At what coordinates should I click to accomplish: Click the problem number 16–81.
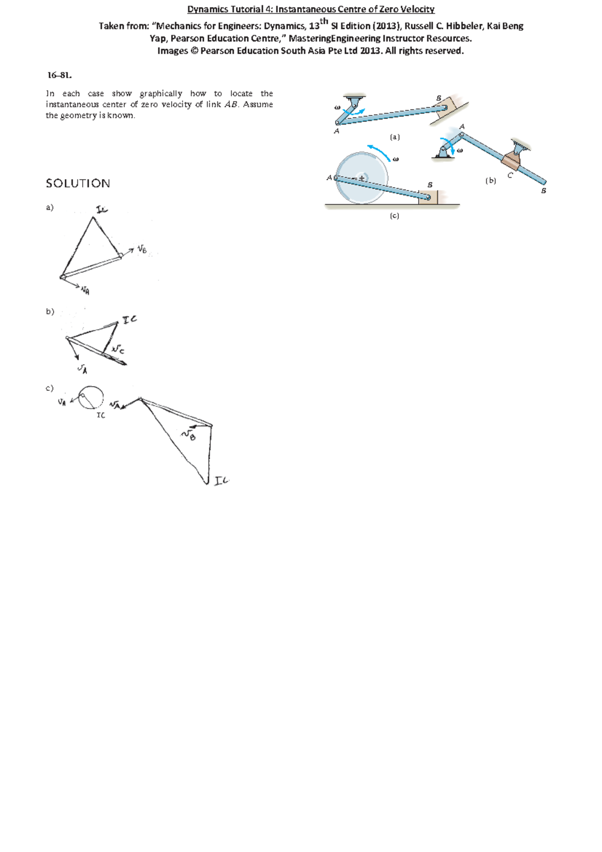60,75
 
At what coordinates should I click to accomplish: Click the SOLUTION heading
78,184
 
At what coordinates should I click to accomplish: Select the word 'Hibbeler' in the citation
464,26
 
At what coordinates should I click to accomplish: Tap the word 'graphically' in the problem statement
161,94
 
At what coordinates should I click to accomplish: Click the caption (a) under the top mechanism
395,137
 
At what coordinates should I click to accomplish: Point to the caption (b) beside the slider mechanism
491,181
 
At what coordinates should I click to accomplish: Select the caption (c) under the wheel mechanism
394,216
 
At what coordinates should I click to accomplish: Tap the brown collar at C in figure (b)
512,161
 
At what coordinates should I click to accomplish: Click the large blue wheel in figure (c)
361,178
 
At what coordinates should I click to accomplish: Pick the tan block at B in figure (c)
429,197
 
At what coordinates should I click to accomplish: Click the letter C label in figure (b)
510,176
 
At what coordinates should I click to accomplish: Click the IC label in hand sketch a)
102,210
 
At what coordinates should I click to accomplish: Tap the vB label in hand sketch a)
142,249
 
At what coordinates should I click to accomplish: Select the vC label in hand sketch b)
118,349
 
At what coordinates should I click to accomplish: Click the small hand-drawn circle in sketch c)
91,397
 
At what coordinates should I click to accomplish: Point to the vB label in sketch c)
189,435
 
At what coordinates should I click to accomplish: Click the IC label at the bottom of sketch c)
221,481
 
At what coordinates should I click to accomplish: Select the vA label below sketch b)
82,370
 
